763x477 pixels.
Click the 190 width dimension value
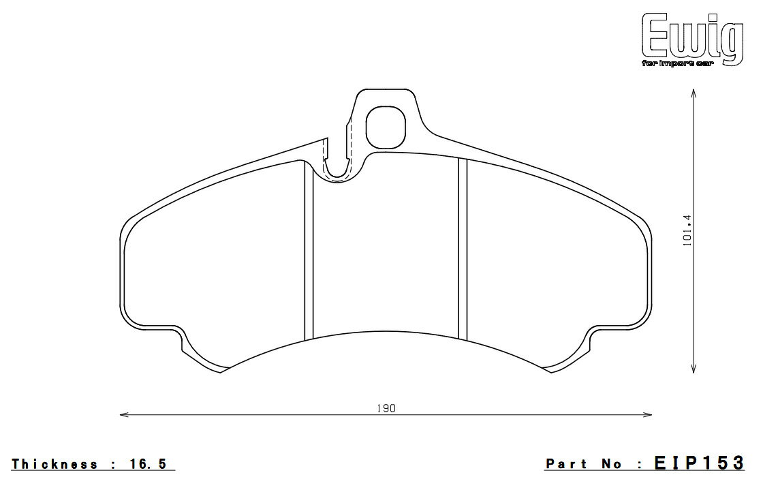point(386,408)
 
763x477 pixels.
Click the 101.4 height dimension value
point(687,230)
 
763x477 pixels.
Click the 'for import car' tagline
point(678,64)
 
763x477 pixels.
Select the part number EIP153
point(699,463)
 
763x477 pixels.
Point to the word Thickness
point(55,464)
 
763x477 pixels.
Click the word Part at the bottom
point(566,464)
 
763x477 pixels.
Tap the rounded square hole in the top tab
point(386,127)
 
